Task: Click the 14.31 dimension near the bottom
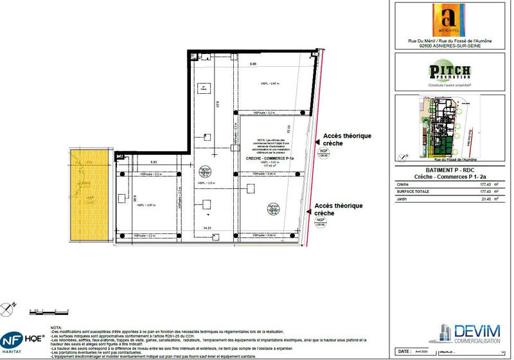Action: [207, 228]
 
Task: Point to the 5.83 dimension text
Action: [154, 163]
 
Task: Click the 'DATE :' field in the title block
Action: [404, 352]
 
